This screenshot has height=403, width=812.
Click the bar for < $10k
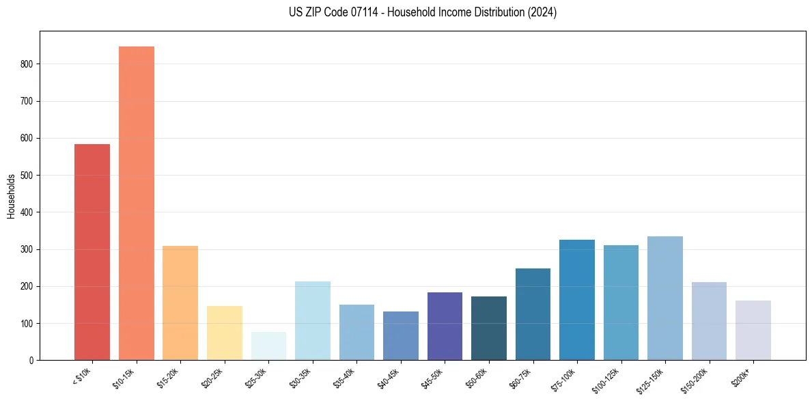(92, 252)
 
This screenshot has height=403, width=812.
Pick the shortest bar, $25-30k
(268, 346)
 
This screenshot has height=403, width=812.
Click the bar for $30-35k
(313, 320)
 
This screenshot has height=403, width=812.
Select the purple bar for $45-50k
(445, 326)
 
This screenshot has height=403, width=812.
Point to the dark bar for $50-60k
(489, 328)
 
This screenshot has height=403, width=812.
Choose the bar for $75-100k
(577, 300)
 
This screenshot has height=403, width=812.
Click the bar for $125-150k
(665, 298)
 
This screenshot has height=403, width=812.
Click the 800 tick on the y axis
(27, 64)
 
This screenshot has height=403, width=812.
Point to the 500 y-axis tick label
(27, 176)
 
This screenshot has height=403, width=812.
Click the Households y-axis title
(11, 196)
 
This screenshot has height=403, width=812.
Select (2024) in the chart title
(542, 12)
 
